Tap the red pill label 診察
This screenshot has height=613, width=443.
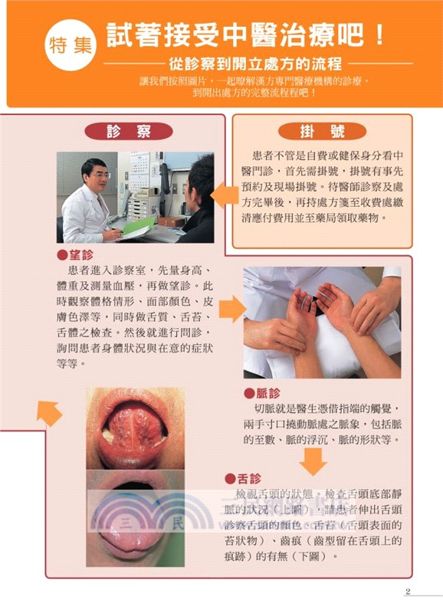coord(128,131)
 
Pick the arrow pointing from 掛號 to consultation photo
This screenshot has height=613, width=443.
coord(223,195)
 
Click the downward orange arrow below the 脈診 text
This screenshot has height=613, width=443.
coord(313,460)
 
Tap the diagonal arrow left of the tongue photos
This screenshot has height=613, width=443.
coord(50,414)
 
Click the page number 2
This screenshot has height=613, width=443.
coord(409,591)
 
